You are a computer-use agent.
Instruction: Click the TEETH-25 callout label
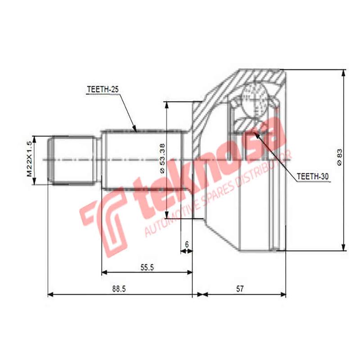(x=102, y=90)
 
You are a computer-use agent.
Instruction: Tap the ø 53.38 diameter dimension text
(x=162, y=159)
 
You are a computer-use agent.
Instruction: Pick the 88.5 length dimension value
(x=119, y=289)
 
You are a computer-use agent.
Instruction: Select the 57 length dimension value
(x=239, y=289)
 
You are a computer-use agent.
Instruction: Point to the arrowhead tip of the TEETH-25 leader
(x=135, y=131)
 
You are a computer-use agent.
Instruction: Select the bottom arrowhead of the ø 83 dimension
(x=344, y=248)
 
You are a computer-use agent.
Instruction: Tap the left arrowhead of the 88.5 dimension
(x=49, y=295)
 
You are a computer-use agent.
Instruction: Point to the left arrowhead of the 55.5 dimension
(x=103, y=272)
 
